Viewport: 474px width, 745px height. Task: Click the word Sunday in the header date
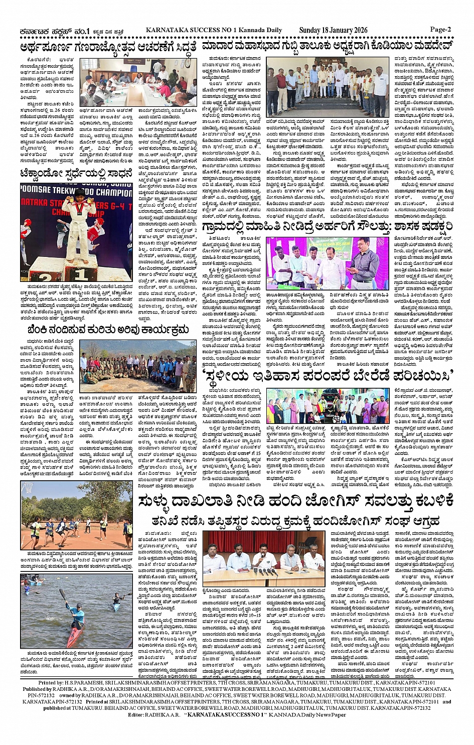click(x=310, y=30)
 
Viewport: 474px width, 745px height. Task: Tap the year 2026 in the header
click(x=357, y=30)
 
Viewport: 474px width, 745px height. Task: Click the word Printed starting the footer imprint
click(x=50, y=683)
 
